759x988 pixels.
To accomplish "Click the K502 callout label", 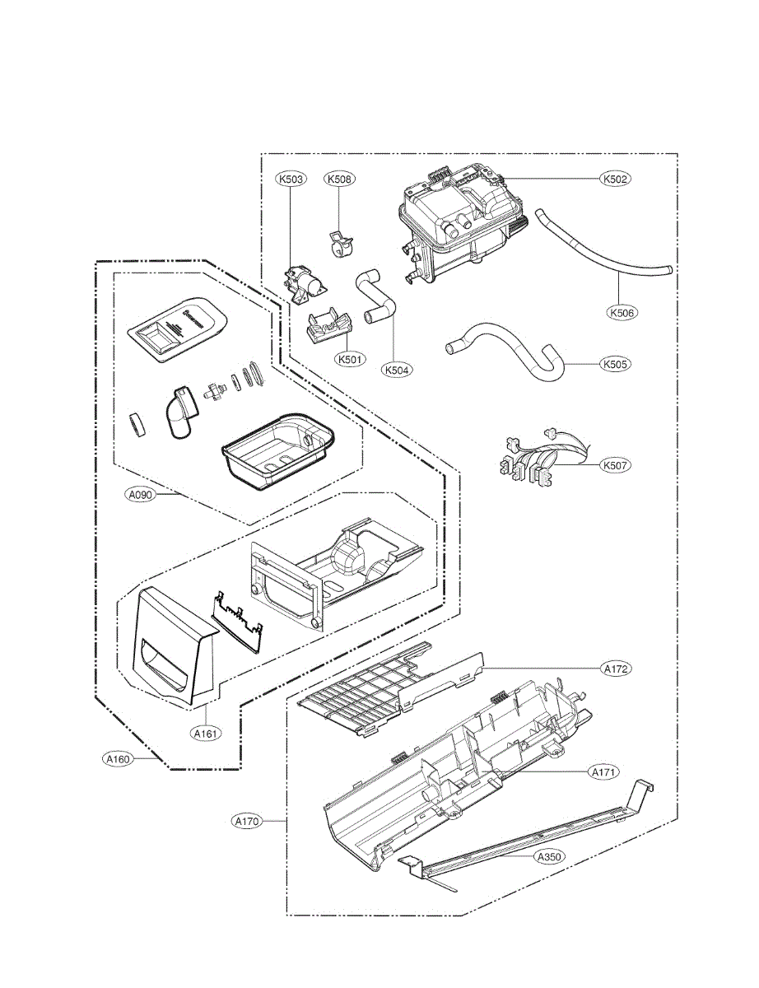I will pos(616,178).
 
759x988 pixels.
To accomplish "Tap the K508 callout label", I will pos(339,178).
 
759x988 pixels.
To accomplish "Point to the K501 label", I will pos(350,360).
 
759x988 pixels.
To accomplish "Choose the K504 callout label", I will pos(398,370).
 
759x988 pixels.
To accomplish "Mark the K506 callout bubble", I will pos(623,313).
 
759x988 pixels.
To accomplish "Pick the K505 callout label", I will pos(616,363).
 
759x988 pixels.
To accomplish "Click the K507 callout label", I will pos(616,465).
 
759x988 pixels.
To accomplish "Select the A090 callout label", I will pos(140,495).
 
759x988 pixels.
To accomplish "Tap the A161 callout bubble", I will pos(206,732).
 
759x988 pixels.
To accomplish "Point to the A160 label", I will pos(118,759).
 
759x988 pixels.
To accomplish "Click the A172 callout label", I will pos(617,669).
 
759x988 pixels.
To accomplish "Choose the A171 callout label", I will pos(603,772).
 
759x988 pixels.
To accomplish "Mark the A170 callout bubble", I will pos(246,821).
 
